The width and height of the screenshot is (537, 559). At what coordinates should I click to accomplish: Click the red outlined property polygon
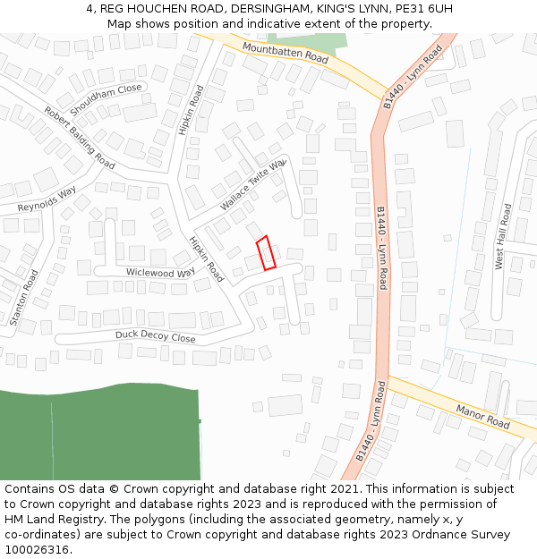coord(266,252)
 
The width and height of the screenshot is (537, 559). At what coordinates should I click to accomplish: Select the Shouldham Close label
coord(106,99)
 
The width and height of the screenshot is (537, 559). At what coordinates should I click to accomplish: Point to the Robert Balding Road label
coord(80,138)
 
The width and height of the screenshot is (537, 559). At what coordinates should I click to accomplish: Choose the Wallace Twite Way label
coord(252,185)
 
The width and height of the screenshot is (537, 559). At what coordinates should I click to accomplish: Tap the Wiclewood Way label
coord(160,272)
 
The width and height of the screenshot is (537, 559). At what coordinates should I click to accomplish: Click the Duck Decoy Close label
coord(155,337)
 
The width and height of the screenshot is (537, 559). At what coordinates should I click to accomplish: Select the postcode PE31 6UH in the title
coord(420,8)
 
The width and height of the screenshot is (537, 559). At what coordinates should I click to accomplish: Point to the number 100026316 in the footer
coord(38,549)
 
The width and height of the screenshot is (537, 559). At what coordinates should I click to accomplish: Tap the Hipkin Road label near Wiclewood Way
coord(207,258)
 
